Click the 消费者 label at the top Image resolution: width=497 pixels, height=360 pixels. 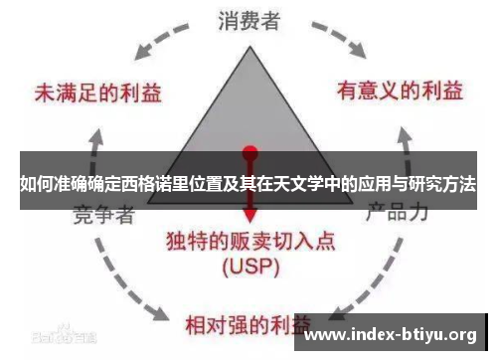[x=248, y=20]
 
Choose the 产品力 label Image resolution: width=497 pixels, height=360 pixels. [x=397, y=212]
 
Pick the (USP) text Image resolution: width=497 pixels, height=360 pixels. [x=251, y=268]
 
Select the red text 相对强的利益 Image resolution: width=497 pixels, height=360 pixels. [x=248, y=324]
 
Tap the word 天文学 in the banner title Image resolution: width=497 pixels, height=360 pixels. [x=308, y=184]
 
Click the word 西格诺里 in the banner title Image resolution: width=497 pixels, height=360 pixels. [x=143, y=184]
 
